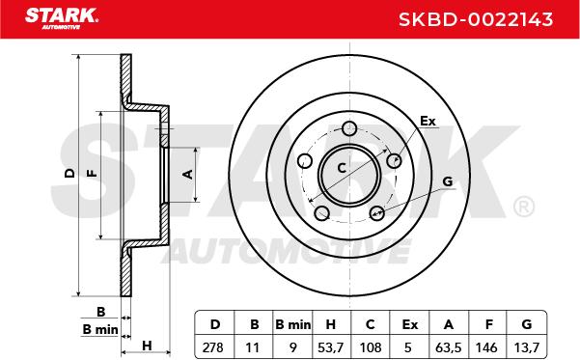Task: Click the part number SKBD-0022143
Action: pyautogui.click(x=476, y=19)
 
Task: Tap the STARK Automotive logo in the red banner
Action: pyautogui.click(x=62, y=18)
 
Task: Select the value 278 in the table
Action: pyautogui.click(x=213, y=347)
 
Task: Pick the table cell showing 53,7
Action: pyautogui.click(x=330, y=347)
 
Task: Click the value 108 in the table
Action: pyautogui.click(x=371, y=347)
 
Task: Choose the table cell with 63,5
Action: pyautogui.click(x=449, y=347)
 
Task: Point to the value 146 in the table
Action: pyautogui.click(x=486, y=347)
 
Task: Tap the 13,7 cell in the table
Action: pyautogui.click(x=527, y=347)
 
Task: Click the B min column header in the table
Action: pyautogui.click(x=293, y=324)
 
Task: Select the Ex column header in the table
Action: pyautogui.click(x=410, y=324)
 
